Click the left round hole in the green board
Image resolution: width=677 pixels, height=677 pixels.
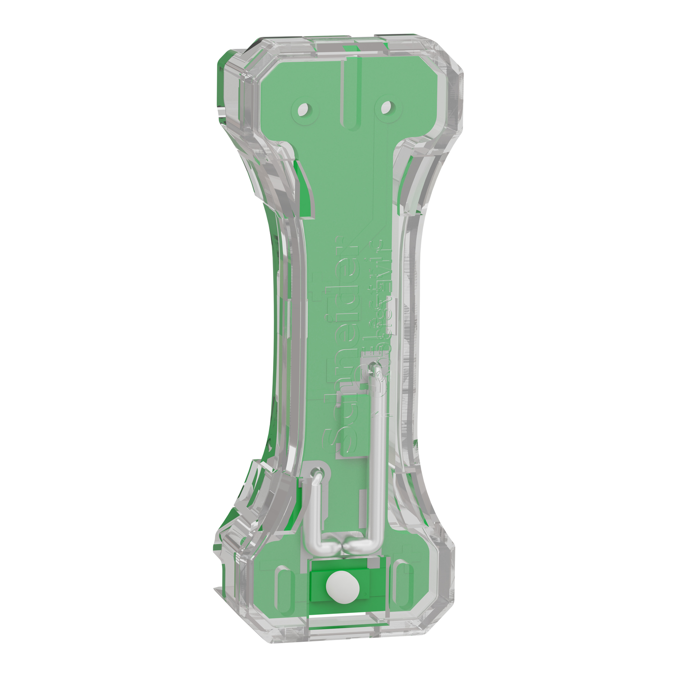[304, 109]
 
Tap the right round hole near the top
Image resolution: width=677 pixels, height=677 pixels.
[386, 108]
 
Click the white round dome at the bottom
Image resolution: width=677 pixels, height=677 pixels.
[342, 587]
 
